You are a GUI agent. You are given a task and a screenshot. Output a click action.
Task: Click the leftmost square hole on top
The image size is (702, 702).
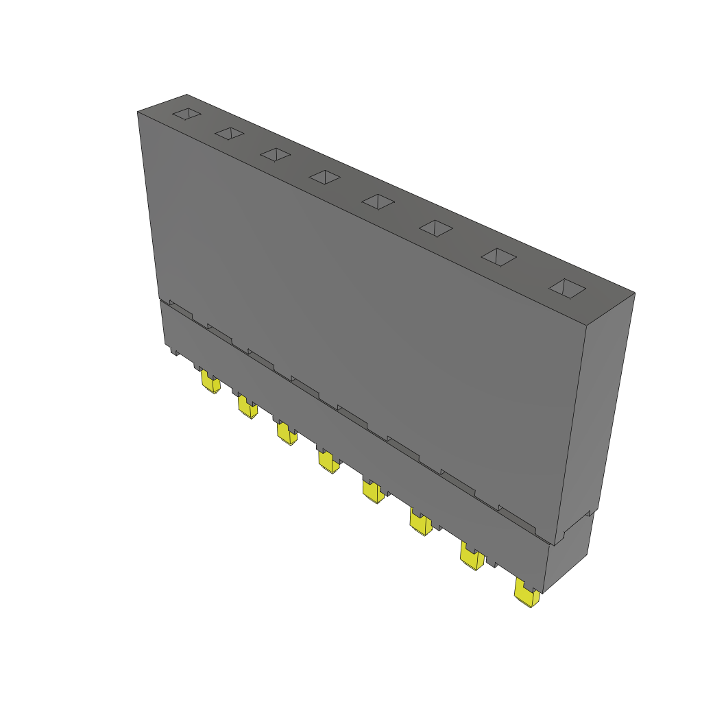point(186,114)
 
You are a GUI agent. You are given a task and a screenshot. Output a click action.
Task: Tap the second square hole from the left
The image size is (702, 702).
point(229,133)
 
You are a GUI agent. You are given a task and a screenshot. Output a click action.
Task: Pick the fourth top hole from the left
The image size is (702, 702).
point(324,178)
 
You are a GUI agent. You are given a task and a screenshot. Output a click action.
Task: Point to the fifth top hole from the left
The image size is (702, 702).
point(378,202)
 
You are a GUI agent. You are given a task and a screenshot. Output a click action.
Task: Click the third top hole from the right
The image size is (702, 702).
point(436,228)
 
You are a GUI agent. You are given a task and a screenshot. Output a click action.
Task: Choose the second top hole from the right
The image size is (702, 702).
point(498,257)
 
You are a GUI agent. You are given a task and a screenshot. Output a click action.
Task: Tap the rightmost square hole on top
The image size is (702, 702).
point(567,289)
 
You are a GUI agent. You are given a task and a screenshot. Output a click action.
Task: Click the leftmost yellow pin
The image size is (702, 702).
point(210,382)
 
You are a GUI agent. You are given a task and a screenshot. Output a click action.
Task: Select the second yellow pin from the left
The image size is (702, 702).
point(247,407)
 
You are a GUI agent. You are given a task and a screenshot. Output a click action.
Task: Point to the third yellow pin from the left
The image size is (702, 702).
point(287,433)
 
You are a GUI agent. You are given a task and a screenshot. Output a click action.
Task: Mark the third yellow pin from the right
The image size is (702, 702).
point(420,522)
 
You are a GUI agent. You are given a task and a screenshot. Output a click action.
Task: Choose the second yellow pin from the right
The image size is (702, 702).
point(471,557)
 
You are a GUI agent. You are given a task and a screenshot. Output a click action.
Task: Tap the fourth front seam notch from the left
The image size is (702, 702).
point(304,385)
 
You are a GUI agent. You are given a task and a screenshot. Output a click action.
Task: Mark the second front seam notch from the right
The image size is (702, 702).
point(457,481)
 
